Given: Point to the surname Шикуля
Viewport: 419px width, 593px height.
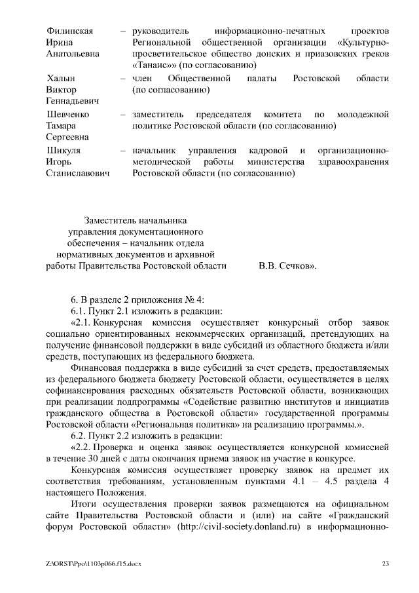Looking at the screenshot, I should point(64,150).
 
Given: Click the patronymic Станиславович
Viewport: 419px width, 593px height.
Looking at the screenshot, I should point(78,174).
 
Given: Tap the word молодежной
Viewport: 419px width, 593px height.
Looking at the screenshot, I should point(363,114).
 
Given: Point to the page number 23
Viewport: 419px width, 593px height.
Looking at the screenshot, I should point(385,564).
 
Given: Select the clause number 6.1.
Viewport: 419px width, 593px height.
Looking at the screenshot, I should point(80,310).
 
